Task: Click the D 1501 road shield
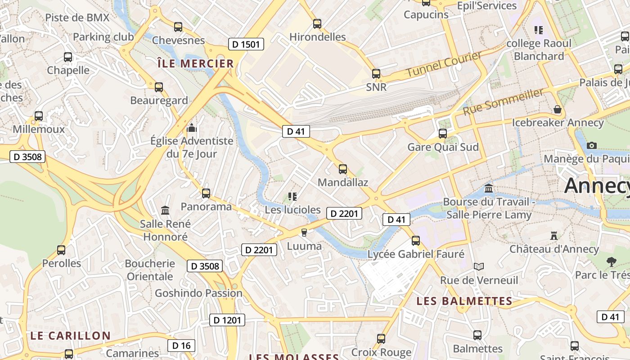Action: [x=246, y=44]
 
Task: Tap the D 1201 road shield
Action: [x=227, y=320]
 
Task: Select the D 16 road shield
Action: [x=181, y=346]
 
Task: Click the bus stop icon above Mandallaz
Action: [x=343, y=169]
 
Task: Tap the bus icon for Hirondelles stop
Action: [x=317, y=24]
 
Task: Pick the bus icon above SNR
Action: [x=376, y=74]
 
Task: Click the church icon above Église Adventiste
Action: [x=192, y=128]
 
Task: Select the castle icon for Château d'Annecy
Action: [x=554, y=236]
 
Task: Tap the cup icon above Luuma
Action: [x=304, y=233]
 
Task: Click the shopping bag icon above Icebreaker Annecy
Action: [x=558, y=109]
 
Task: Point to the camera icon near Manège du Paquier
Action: [x=592, y=145]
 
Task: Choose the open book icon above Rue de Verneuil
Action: [x=479, y=267]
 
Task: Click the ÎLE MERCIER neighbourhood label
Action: [x=196, y=63]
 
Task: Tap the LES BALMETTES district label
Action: [x=464, y=301]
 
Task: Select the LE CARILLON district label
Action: [x=70, y=336]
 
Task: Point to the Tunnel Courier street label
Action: [x=444, y=64]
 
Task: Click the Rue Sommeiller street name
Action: [x=503, y=102]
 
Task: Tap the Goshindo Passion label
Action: [x=198, y=293]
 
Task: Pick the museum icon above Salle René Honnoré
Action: [x=165, y=211]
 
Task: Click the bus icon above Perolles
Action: [x=61, y=250]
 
